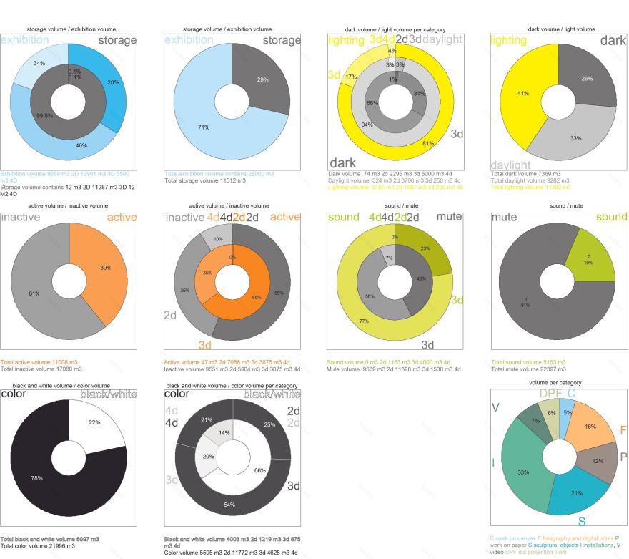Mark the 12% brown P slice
596,460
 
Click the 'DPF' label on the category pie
550,393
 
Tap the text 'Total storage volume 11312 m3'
205,180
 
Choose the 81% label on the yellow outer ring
428,143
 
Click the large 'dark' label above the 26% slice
613,41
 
